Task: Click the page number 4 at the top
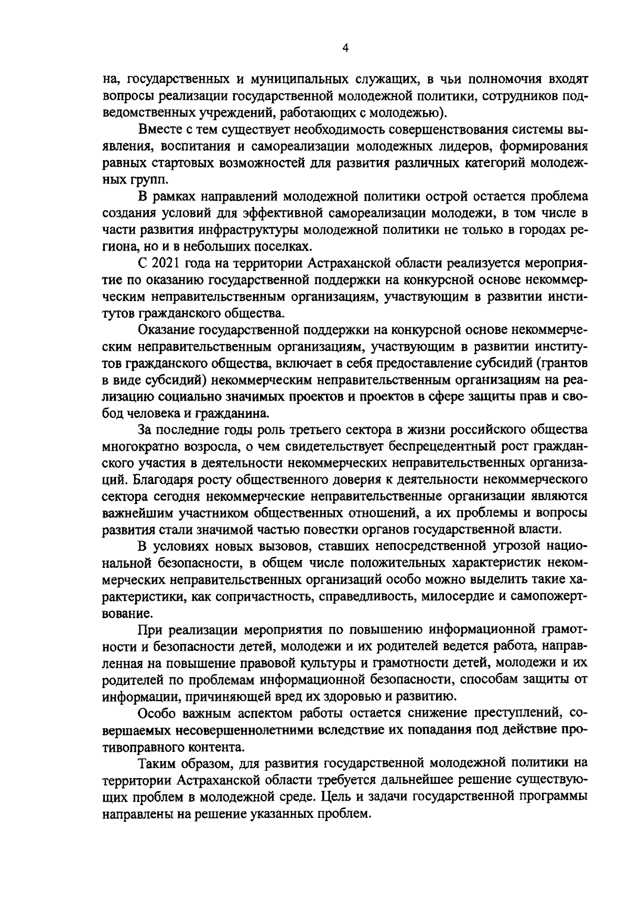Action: pos(344,48)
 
